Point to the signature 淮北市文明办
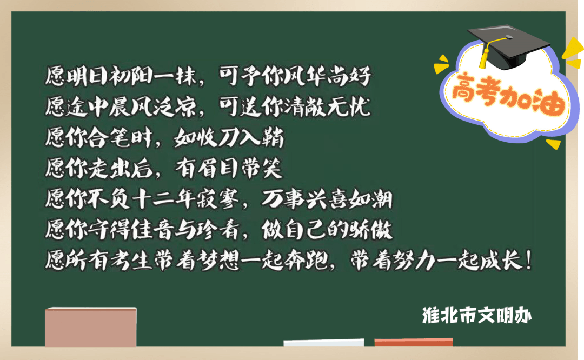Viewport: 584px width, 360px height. coord(477,316)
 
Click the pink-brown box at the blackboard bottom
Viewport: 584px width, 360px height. coord(90,327)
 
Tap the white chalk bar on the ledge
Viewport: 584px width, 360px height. coord(324,343)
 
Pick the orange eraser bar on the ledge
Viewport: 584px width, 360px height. coord(414,342)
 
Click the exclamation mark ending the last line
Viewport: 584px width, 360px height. coord(528,260)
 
